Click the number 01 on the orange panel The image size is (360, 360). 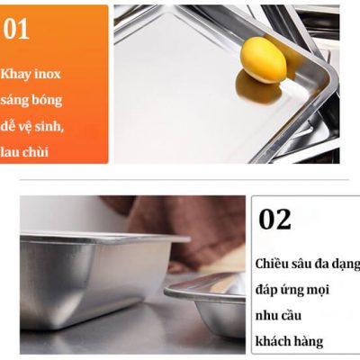point(16,29)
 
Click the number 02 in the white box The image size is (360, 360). point(274,220)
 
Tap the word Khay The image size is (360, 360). point(15,75)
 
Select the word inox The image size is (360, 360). point(48,74)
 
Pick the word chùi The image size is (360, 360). point(35,152)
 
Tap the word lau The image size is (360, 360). point(10,152)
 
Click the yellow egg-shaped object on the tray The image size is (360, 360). point(264,60)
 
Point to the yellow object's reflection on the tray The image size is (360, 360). point(257,87)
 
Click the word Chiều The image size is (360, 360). point(272,264)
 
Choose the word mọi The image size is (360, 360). point(318,290)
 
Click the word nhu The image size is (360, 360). point(265,316)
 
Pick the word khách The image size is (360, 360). point(272,341)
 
